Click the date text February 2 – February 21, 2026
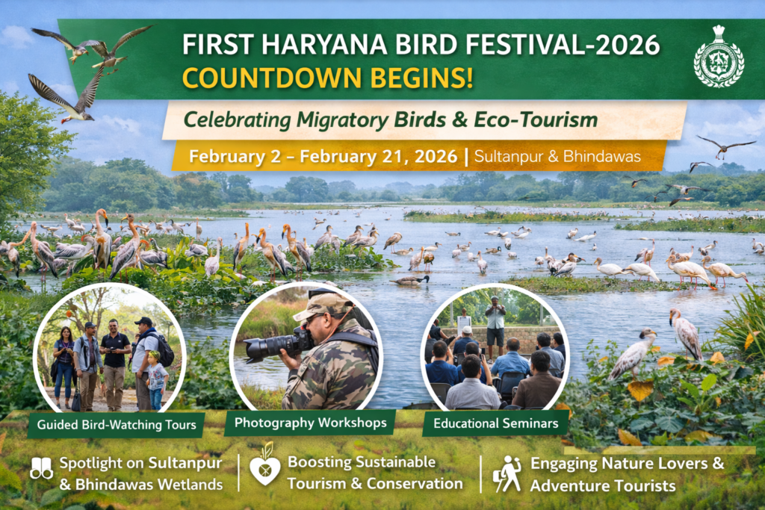point(323,158)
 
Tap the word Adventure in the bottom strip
point(572,485)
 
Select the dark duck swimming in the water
point(410,281)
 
